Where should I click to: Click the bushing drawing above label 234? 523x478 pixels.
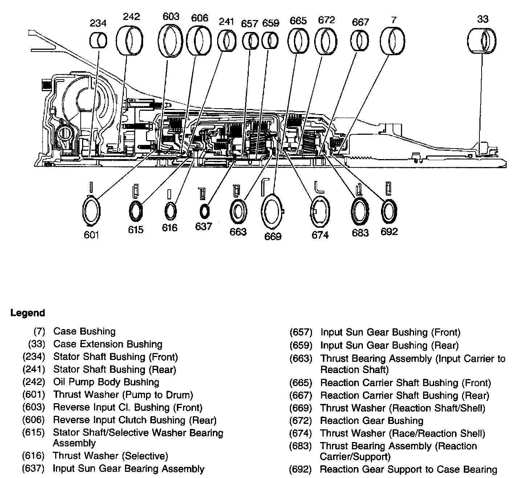click(x=98, y=40)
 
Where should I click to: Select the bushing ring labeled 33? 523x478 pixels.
click(x=482, y=40)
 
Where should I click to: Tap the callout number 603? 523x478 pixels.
click(x=171, y=16)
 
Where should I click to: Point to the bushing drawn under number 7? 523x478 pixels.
click(x=392, y=41)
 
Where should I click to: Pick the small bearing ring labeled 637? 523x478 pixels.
click(x=204, y=211)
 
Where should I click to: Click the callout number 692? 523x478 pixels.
click(x=389, y=231)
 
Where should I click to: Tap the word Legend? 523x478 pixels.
click(x=28, y=313)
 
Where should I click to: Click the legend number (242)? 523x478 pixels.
click(x=33, y=382)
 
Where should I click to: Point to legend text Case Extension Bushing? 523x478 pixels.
click(x=108, y=344)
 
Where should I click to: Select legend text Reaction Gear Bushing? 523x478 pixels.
click(x=372, y=421)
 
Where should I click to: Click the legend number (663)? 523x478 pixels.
click(x=301, y=358)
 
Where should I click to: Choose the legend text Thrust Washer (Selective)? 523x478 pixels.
click(x=110, y=455)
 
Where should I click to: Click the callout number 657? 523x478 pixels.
click(x=250, y=24)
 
